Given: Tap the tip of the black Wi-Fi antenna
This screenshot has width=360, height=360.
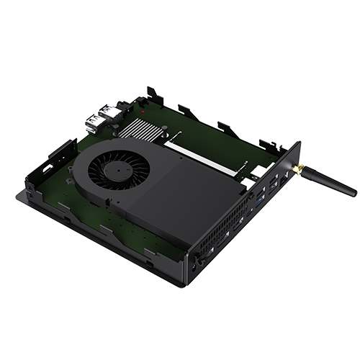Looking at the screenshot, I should coord(353,194).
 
